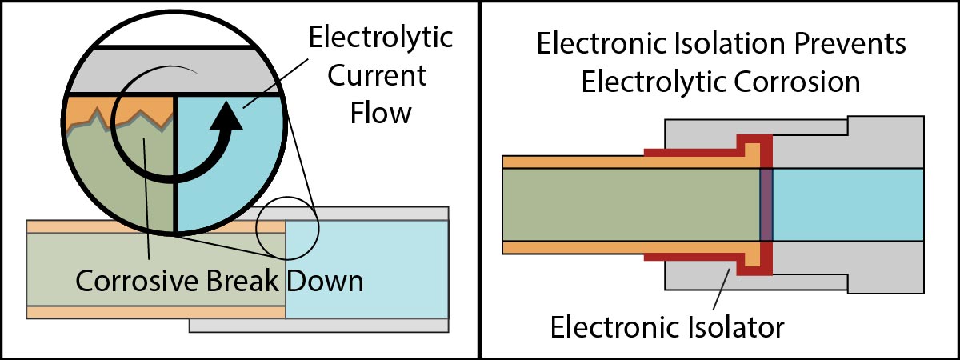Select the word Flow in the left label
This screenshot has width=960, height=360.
click(x=381, y=113)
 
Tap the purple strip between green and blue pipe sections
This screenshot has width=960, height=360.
click(x=766, y=204)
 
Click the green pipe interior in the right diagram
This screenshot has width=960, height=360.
click(x=632, y=204)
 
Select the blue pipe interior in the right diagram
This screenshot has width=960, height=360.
click(x=848, y=204)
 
